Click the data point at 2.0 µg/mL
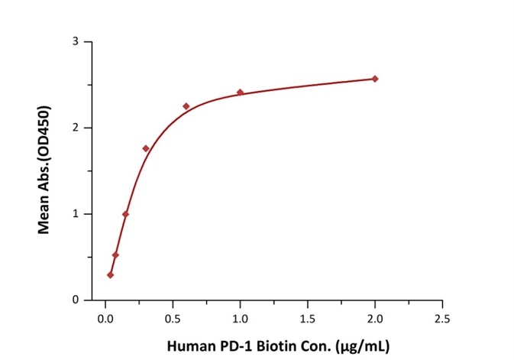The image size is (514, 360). pos(375,79)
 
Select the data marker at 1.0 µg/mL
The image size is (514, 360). pos(240,92)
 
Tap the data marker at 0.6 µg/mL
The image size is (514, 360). pos(186,106)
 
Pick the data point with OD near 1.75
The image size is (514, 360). pos(145,148)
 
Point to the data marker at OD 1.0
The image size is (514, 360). pos(125,214)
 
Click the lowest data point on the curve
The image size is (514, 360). pos(110,274)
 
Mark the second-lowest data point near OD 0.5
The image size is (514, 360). pos(115,255)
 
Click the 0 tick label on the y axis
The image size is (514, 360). pos(76,300)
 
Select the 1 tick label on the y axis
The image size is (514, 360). pos(76,214)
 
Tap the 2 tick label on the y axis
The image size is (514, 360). pos(76,128)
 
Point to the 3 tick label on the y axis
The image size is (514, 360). pos(76,41)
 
